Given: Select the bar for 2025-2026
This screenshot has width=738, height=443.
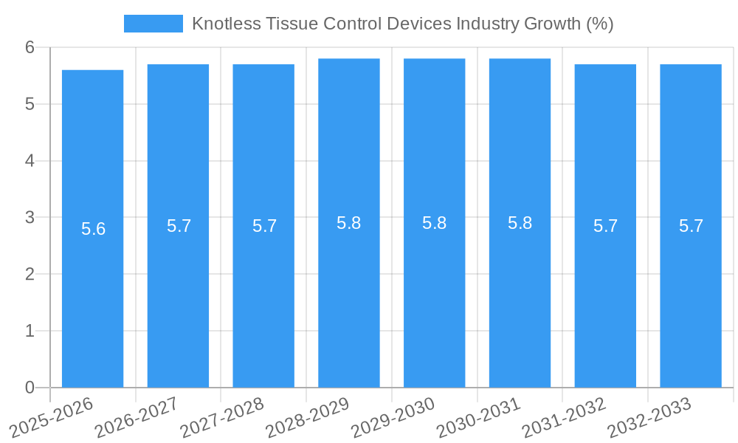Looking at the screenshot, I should tap(92, 295).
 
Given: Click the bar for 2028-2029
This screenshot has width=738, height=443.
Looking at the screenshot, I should tap(349, 295).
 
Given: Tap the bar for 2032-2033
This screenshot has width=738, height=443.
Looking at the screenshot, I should tap(691, 295).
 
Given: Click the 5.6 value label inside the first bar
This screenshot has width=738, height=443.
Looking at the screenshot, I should tap(93, 229).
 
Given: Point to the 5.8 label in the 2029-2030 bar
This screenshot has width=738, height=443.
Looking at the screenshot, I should tap(434, 223).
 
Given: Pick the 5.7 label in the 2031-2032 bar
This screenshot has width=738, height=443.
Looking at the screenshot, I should tap(605, 226).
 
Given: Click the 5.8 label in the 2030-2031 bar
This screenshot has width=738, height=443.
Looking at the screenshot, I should tap(520, 223).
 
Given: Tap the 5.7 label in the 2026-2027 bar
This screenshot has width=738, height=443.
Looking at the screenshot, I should tap(179, 226).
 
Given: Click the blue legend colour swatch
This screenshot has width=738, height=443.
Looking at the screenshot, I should tap(153, 24).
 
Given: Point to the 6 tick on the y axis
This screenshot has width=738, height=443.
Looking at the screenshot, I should tap(30, 47).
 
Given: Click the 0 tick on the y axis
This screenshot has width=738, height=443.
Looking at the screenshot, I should tap(30, 388).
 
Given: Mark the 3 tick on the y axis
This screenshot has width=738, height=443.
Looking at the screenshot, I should tap(30, 218).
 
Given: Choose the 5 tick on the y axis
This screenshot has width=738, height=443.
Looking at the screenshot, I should tap(30, 104).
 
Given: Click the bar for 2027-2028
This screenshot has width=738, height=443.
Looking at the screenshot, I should tap(263, 295).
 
